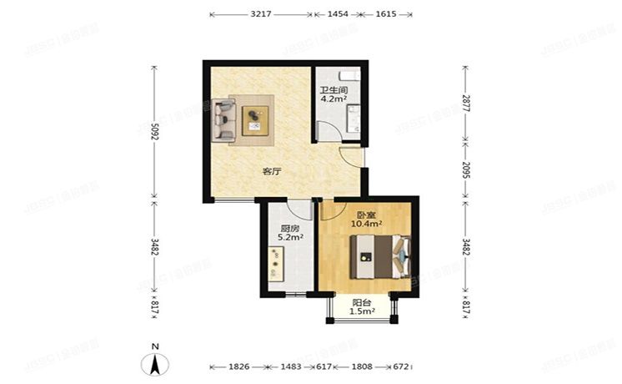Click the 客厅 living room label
(x=271, y=171)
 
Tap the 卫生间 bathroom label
(x=334, y=90)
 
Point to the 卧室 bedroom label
(x=366, y=214)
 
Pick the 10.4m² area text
(x=367, y=224)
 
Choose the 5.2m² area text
(x=290, y=238)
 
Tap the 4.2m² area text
(x=334, y=99)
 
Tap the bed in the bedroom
(x=380, y=255)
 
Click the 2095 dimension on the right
(x=466, y=170)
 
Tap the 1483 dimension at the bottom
(x=292, y=366)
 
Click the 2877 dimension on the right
(x=466, y=104)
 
